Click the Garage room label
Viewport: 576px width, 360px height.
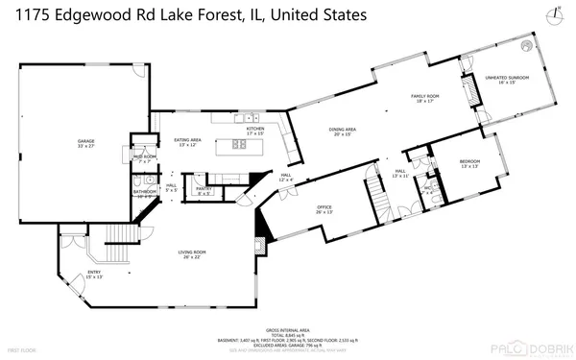86,143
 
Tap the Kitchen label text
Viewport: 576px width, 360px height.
254,130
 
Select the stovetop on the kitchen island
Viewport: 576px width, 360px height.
239,145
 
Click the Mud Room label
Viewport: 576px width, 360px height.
144,157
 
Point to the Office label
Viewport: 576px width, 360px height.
324,209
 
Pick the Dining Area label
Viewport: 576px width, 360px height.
344,131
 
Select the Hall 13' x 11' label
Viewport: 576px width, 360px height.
400,175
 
